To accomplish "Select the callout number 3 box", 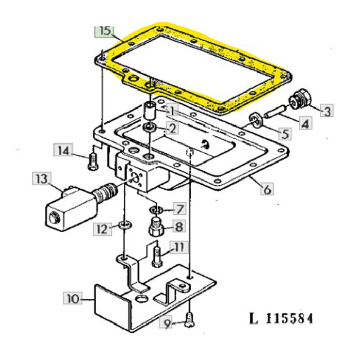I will [x=328, y=110].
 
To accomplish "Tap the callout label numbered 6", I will [x=266, y=189].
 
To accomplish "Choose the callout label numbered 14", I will [x=63, y=151].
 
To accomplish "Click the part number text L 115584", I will [x=281, y=318].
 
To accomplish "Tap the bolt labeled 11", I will [x=157, y=256].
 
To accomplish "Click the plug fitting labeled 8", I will [x=156, y=227].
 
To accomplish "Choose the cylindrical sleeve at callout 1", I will [x=150, y=110].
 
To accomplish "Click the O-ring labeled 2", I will [x=150, y=127].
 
